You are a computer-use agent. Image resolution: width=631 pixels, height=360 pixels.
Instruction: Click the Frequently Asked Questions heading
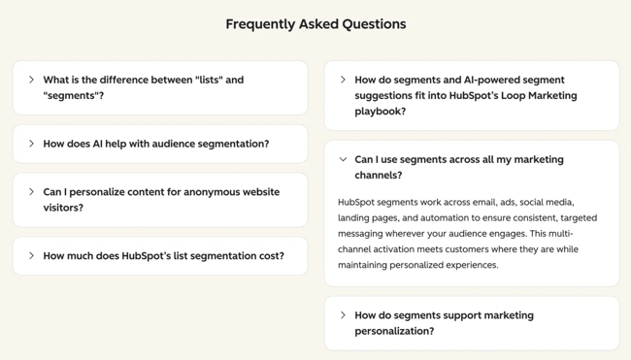(x=315, y=24)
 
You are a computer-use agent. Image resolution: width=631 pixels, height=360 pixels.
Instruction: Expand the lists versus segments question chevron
(x=31, y=80)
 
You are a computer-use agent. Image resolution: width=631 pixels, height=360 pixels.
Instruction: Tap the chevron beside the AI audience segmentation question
(x=31, y=144)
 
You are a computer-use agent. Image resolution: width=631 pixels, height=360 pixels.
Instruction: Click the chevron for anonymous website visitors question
(x=31, y=192)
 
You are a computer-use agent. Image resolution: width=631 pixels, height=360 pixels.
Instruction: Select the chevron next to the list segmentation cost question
(x=31, y=256)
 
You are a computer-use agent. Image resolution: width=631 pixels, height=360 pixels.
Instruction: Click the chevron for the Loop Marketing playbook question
(x=343, y=80)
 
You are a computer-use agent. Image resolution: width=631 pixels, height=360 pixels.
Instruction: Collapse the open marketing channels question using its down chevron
(x=343, y=159)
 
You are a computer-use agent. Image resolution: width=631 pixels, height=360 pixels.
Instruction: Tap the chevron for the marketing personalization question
(x=343, y=315)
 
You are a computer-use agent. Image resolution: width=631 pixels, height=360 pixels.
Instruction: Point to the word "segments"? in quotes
(x=74, y=95)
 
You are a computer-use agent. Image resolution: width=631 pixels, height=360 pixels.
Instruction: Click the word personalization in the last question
(x=398, y=331)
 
